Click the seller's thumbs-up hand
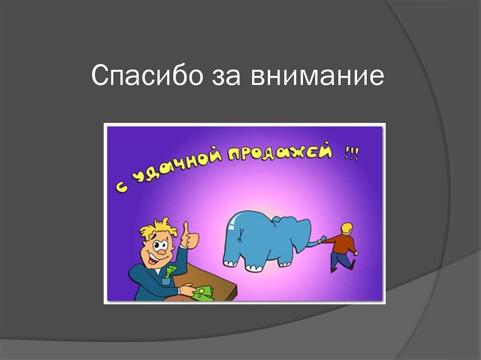[x=189, y=237]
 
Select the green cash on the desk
[x=202, y=293]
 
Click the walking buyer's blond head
[x=347, y=229]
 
